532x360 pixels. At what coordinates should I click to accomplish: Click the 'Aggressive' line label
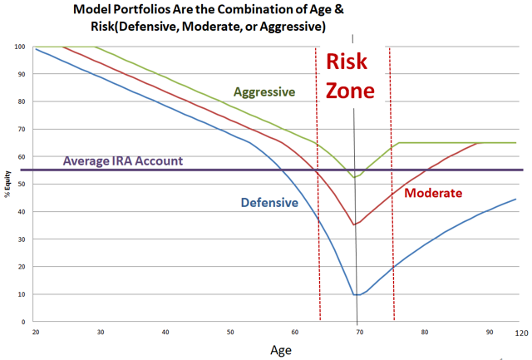[264, 91]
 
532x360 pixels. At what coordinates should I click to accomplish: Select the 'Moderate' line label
[432, 193]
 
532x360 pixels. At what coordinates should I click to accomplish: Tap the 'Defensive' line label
[269, 202]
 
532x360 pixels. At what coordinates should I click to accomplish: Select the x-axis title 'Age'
[280, 350]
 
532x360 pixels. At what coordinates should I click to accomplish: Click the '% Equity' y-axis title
[7, 185]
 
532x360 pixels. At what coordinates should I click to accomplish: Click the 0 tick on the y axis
[22, 322]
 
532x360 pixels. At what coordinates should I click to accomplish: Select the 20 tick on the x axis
[36, 332]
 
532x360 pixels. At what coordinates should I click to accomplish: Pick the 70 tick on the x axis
[359, 332]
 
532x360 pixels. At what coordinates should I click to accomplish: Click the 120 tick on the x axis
[520, 332]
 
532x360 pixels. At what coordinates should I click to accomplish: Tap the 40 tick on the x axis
[165, 332]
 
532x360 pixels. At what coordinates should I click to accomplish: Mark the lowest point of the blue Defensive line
[357, 295]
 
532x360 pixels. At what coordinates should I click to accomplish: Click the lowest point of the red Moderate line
[355, 224]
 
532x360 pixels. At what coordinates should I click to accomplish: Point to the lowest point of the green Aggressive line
[355, 177]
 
